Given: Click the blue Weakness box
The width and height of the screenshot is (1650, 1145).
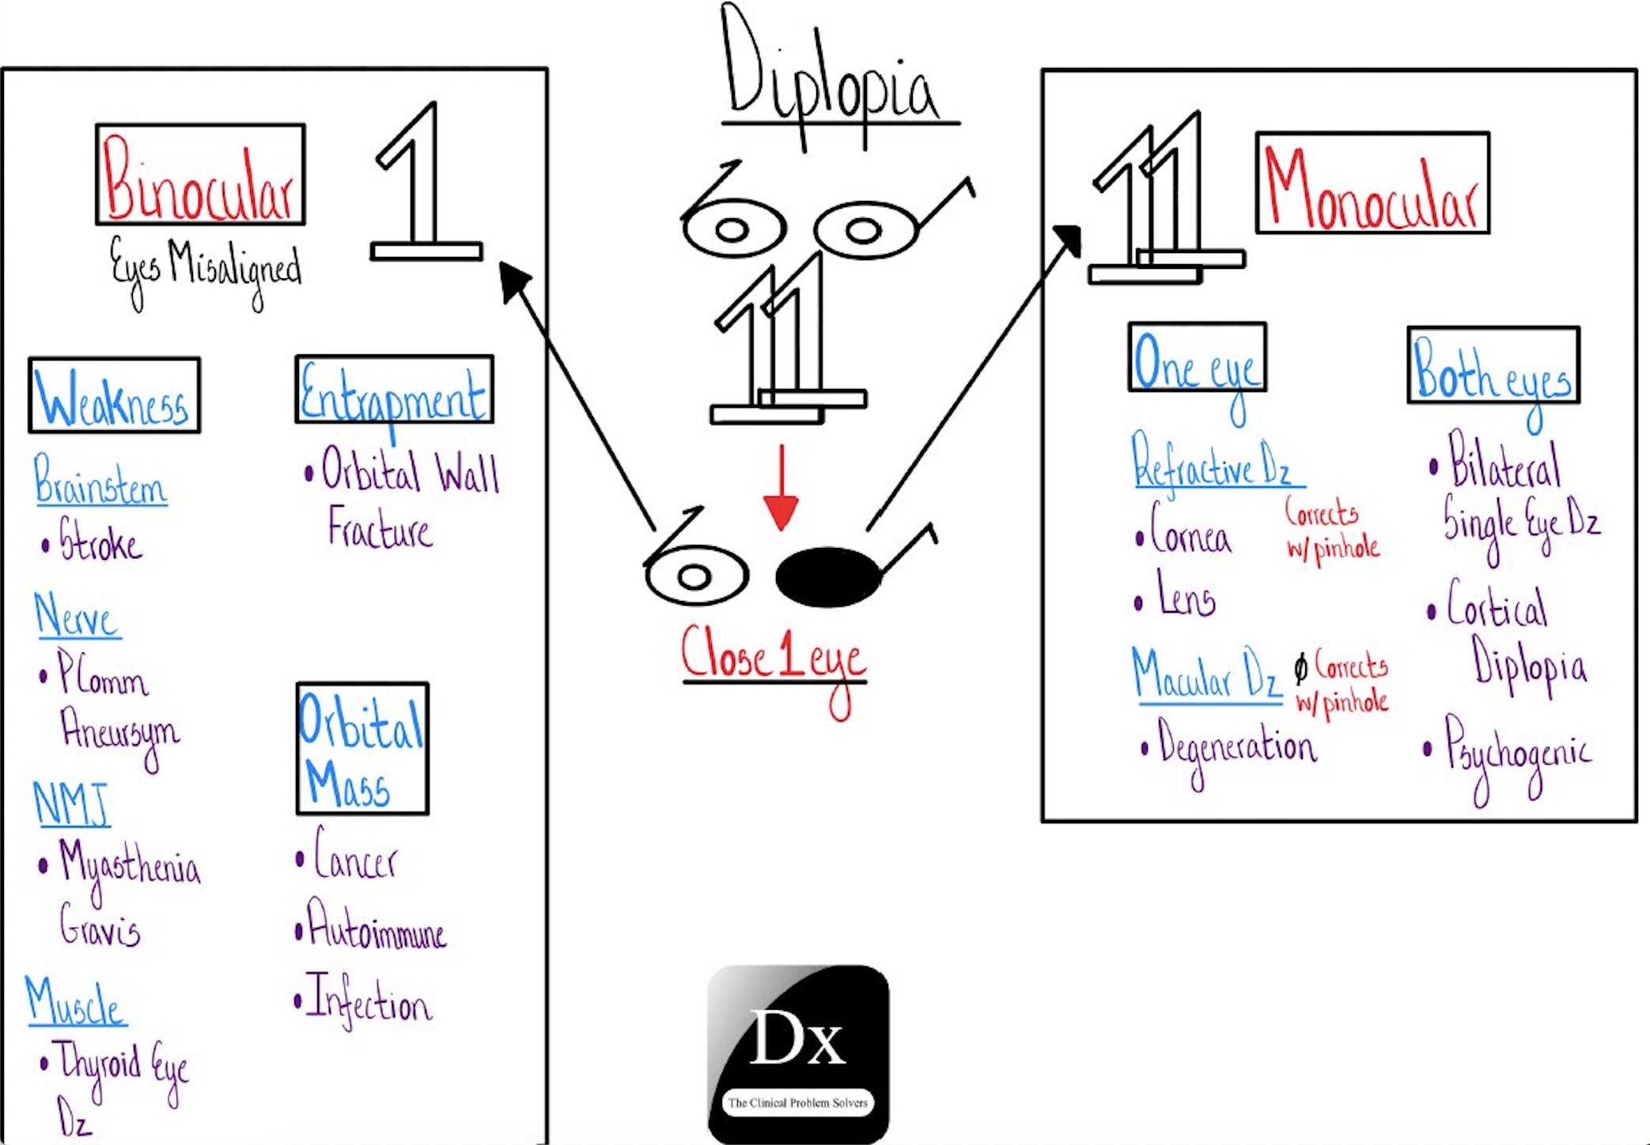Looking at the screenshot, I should (115, 395).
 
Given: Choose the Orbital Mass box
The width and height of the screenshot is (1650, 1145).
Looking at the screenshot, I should (362, 749).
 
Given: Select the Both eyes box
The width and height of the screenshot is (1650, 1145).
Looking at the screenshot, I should (1493, 366).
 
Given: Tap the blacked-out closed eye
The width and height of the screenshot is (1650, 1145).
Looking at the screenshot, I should (827, 577).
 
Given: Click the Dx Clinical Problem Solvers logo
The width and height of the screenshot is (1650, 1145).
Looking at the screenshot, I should (798, 1054).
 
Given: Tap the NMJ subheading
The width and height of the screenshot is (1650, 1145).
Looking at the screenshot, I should (71, 803).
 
